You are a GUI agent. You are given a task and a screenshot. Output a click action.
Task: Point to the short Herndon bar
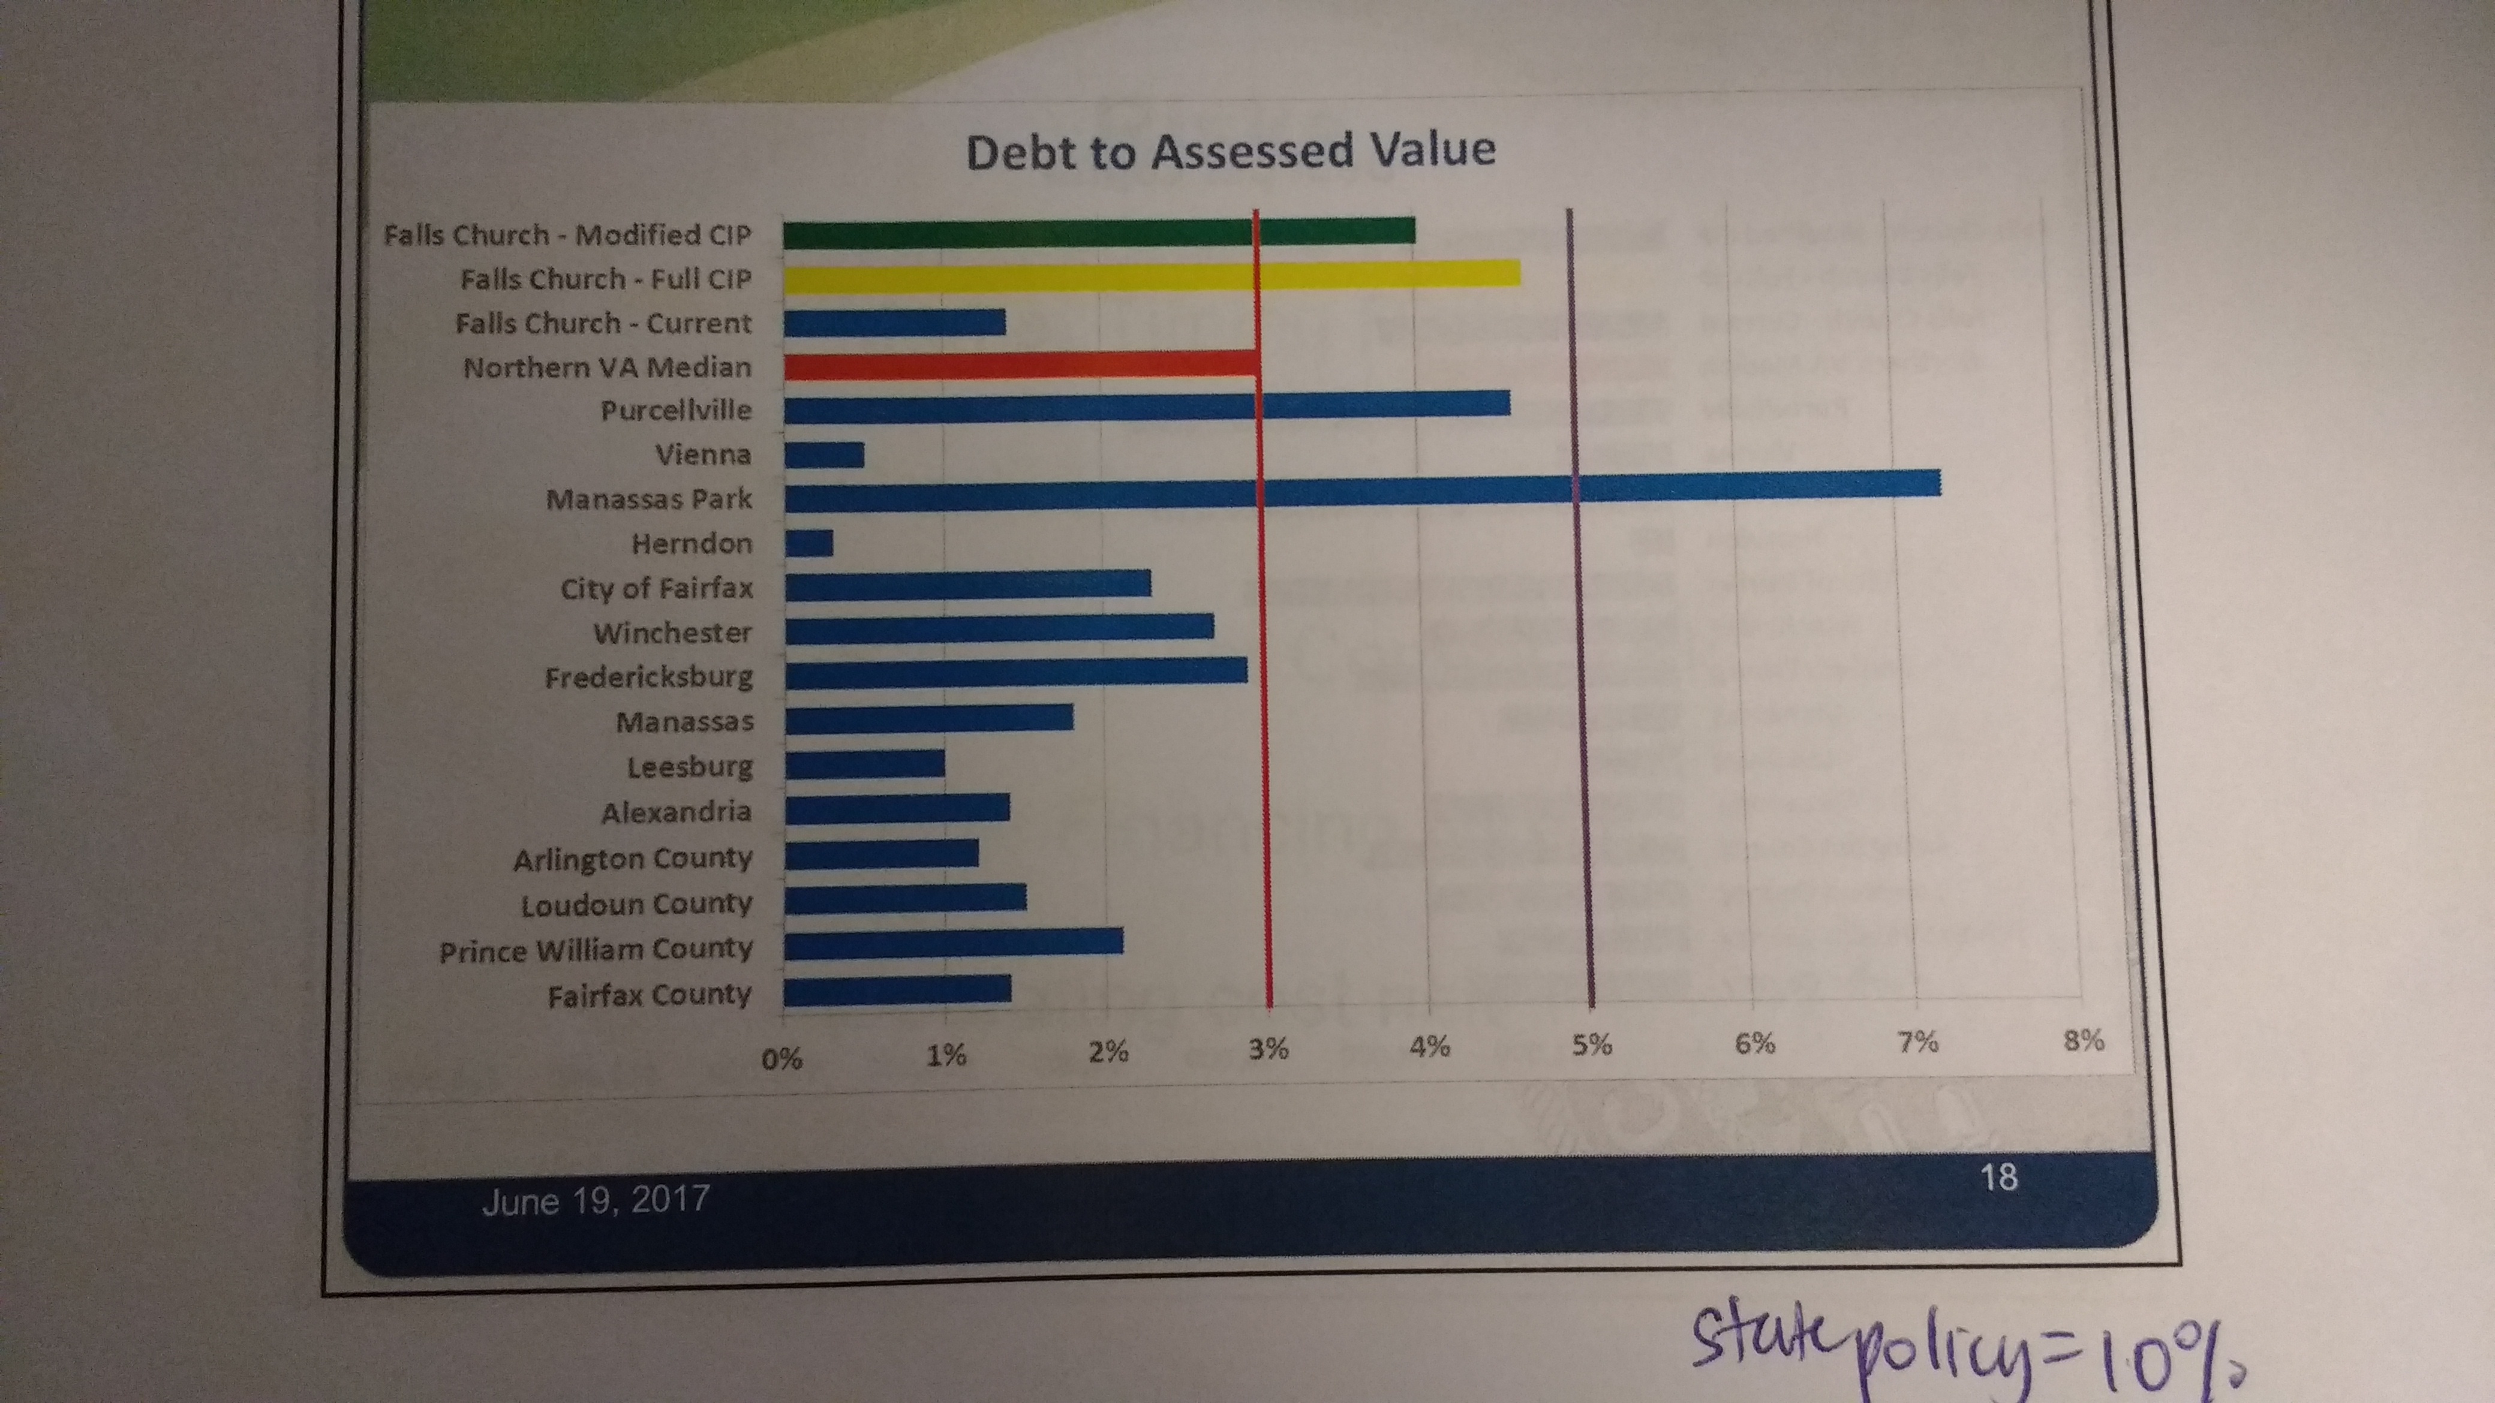pyautogui.click(x=808, y=543)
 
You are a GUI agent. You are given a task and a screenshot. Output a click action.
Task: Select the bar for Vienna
pyautogui.click(x=823, y=454)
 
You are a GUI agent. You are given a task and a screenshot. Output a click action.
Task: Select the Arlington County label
pyautogui.click(x=633, y=859)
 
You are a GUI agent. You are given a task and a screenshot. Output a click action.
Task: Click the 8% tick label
pyautogui.click(x=2084, y=1041)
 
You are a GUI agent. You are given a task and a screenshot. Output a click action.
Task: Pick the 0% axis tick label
pyautogui.click(x=781, y=1058)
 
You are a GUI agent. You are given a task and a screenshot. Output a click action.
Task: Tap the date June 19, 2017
pyautogui.click(x=596, y=1200)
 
